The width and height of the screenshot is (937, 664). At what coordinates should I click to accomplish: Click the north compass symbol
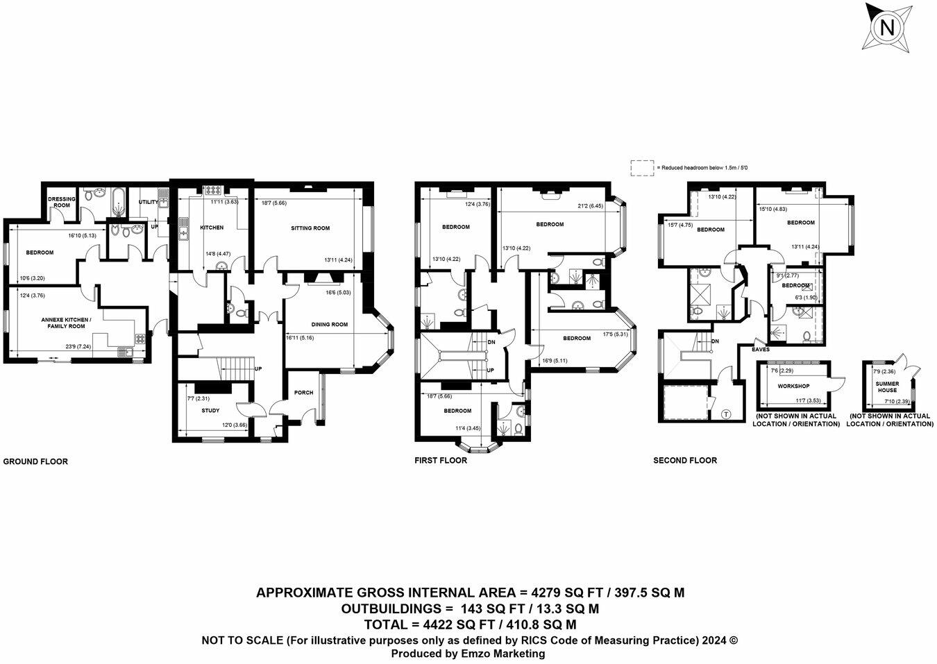point(886,28)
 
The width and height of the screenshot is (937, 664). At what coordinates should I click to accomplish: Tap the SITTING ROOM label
point(310,228)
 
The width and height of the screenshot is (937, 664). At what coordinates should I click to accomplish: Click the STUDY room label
point(210,411)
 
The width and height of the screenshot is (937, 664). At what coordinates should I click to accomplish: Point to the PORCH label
point(304,393)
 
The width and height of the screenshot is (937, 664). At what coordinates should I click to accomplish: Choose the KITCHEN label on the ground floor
point(212,228)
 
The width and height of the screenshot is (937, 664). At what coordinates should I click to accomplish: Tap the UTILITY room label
point(148,202)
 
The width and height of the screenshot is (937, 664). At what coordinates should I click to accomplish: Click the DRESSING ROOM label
point(62,202)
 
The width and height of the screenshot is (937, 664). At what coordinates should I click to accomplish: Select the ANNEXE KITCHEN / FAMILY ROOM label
point(62,323)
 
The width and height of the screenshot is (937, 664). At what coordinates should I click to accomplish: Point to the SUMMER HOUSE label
point(887,386)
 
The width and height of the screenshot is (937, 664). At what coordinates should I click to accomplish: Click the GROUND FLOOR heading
point(36,461)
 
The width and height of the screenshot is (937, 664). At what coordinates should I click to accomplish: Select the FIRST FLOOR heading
point(441,460)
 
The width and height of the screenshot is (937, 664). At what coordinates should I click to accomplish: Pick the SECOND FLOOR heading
point(685,460)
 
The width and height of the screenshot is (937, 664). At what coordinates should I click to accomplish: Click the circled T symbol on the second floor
point(726,414)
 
